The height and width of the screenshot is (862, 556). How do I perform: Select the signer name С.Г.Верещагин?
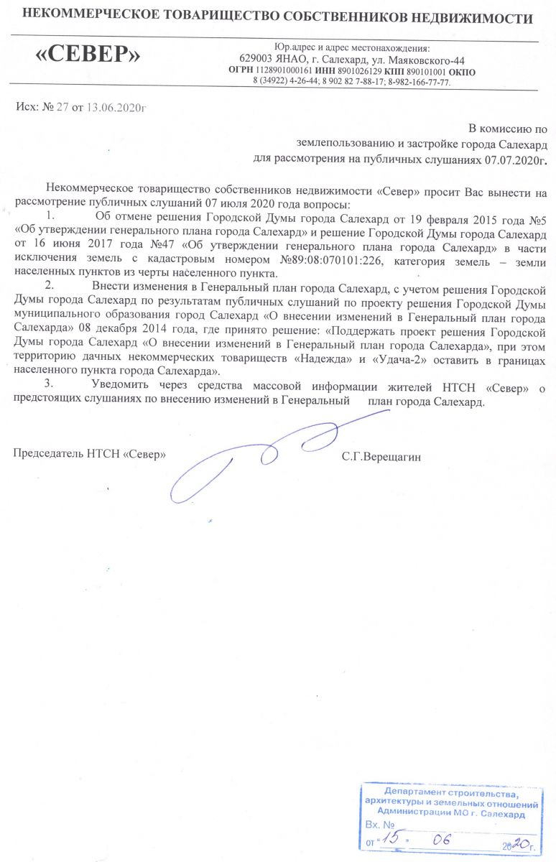[381, 455]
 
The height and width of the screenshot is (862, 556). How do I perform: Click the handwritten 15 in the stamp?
[391, 839]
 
